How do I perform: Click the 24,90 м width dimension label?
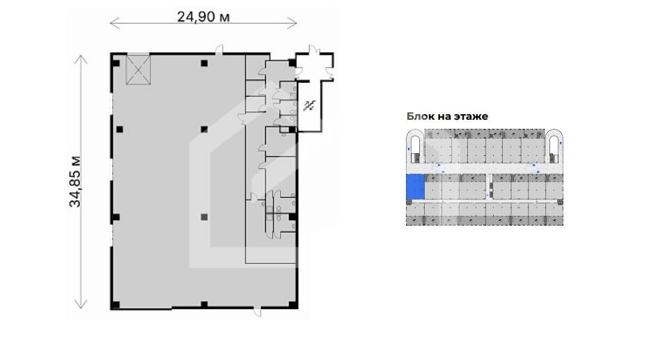203,17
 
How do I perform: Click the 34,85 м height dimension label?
75,182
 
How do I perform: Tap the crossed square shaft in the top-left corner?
138,69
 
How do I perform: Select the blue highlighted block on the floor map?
415,187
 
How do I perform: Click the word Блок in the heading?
420,116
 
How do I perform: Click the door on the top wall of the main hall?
219,50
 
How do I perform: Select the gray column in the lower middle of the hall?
203,217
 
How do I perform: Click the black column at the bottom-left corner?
116,305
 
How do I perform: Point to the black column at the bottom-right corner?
292,305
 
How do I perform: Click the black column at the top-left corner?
116,63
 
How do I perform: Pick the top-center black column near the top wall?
204,63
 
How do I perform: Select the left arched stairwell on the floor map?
415,146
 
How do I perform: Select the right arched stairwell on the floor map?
554,146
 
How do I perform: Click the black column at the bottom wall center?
204,305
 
